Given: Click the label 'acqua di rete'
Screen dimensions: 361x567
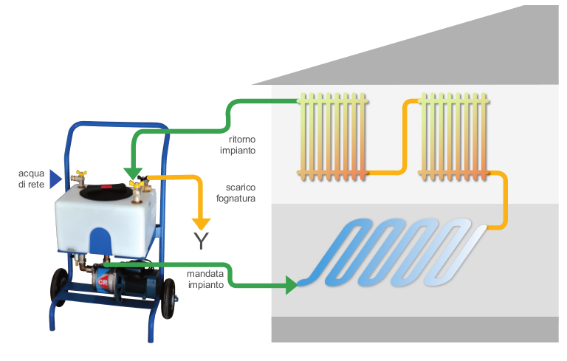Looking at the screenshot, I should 31,179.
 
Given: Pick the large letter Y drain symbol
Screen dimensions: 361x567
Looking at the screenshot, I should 200,241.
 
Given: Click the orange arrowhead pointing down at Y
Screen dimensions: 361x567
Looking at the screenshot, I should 201,222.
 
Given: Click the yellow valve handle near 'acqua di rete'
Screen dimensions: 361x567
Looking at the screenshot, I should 79,173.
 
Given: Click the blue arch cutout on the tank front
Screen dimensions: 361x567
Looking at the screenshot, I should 97,239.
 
